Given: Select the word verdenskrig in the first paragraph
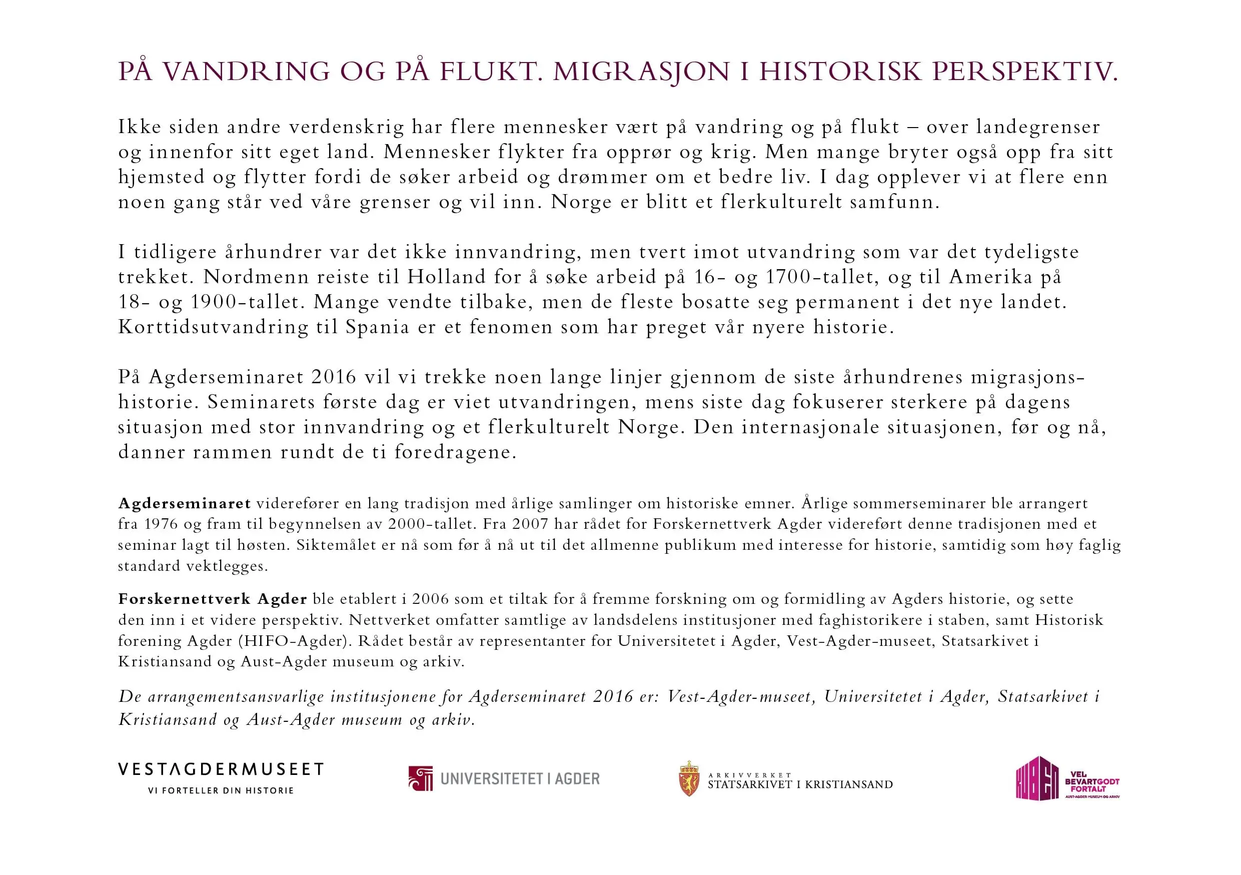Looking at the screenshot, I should click(x=347, y=127).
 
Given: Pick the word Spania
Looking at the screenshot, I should click(x=377, y=327).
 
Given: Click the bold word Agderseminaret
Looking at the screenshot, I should click(x=184, y=503).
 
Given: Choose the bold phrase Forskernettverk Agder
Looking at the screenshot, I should click(x=213, y=599).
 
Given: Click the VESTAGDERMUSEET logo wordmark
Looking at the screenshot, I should click(x=221, y=769).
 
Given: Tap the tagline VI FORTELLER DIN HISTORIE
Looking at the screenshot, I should click(x=221, y=790).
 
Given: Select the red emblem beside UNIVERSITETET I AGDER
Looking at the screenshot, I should click(x=421, y=778).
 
